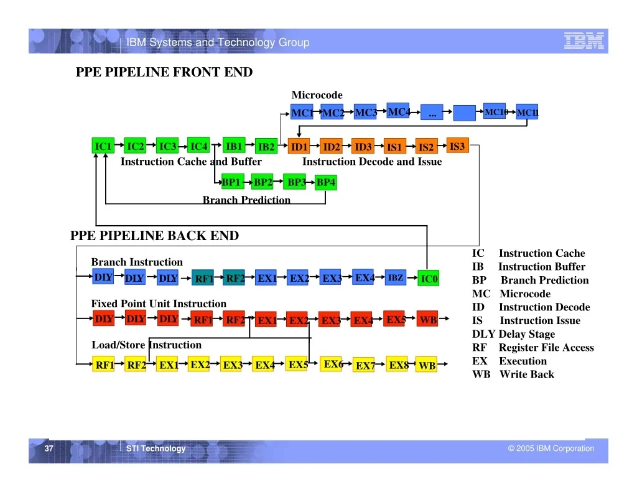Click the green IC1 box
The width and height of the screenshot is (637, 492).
103,146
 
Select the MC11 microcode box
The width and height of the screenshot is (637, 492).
527,112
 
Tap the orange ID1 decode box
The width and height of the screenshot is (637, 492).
299,146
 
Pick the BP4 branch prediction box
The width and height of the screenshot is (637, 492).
326,182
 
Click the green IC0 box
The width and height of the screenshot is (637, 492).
428,278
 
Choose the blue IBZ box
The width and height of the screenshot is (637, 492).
395,277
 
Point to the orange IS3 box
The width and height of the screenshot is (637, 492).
457,146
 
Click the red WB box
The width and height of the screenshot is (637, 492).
427,319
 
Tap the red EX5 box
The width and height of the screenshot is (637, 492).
394,319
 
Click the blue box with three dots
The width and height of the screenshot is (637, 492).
432,112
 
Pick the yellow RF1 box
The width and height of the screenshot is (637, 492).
103,364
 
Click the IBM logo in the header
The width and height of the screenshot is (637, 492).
584,41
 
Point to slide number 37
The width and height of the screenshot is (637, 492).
49,448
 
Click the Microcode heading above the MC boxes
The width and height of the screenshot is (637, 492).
317,95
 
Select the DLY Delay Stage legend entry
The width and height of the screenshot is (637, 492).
513,334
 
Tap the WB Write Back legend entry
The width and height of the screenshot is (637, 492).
513,374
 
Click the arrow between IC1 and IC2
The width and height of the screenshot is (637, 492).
119,145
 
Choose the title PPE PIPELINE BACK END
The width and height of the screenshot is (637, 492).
154,236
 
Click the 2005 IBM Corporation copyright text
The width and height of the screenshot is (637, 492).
551,448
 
